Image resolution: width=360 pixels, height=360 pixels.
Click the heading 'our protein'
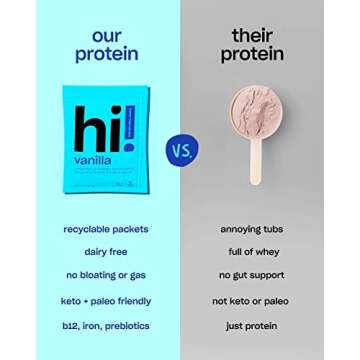pyautogui.click(x=108, y=44)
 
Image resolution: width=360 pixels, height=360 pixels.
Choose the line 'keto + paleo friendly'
pyautogui.click(x=108, y=299)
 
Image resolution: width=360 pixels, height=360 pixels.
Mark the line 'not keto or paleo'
pyautogui.click(x=252, y=299)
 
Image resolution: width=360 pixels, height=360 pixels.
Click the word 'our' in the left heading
pyautogui.click(x=108, y=35)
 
